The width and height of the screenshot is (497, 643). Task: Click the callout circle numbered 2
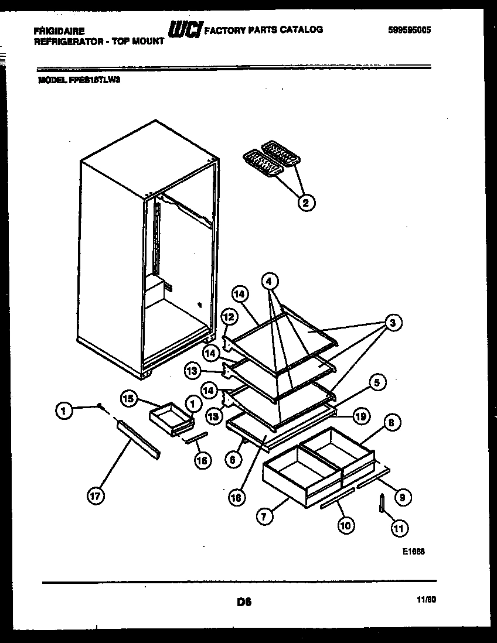click(x=305, y=203)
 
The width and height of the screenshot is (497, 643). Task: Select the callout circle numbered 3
click(x=393, y=321)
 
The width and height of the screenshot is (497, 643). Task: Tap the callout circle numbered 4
click(x=269, y=281)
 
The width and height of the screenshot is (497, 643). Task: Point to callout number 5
click(x=377, y=383)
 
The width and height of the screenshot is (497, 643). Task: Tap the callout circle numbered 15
click(x=130, y=398)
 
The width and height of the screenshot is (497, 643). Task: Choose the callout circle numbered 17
click(x=96, y=496)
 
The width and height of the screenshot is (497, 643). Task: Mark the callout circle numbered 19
click(x=361, y=416)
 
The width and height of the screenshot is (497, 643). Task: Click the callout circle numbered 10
click(x=345, y=525)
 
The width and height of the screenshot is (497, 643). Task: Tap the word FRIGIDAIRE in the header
click(x=59, y=30)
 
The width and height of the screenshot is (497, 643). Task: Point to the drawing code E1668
click(x=413, y=551)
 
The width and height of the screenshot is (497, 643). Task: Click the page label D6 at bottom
click(x=244, y=601)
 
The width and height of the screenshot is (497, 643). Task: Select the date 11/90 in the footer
click(x=426, y=600)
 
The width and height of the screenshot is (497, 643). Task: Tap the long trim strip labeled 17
click(x=138, y=439)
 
